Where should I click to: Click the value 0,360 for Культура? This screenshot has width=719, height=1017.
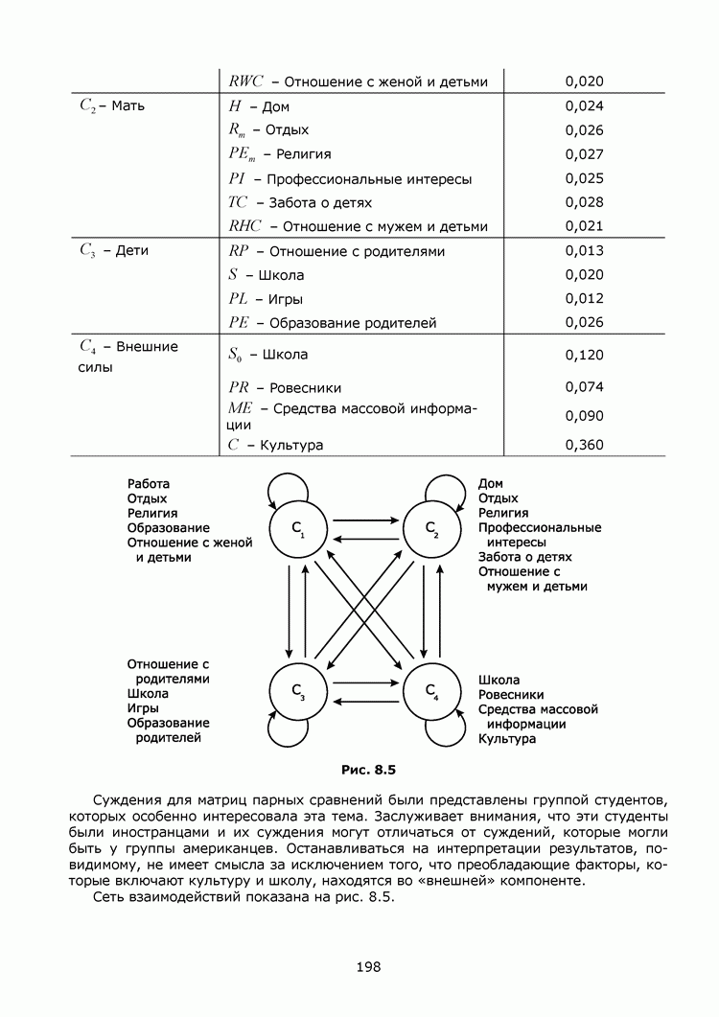[x=584, y=445]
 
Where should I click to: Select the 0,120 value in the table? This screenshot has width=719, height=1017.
[x=584, y=355]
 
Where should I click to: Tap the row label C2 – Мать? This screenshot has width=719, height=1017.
[x=112, y=105]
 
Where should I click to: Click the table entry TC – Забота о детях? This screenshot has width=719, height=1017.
[x=300, y=202]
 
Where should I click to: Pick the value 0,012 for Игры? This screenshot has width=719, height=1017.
[x=584, y=298]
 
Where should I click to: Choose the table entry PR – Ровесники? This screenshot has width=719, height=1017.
[x=285, y=387]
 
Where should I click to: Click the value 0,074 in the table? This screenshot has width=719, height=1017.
[x=584, y=387]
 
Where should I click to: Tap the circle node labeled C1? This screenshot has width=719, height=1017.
[x=297, y=528]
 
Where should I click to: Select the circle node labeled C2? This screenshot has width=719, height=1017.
[x=431, y=528]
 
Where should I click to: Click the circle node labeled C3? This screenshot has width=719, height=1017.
[x=297, y=691]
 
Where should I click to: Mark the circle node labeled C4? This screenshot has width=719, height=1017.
[x=431, y=691]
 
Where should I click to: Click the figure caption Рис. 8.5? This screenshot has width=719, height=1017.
[x=368, y=769]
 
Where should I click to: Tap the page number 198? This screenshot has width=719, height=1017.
[x=367, y=966]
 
